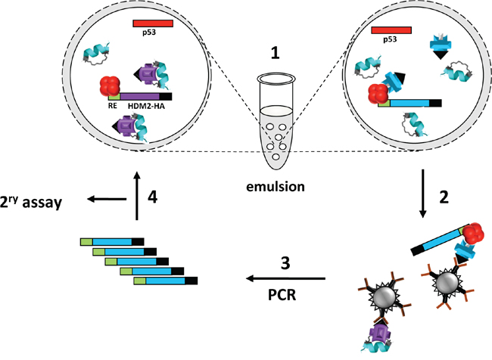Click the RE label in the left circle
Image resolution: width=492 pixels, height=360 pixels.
(x=111, y=109)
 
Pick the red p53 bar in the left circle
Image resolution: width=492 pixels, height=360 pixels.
(x=153, y=24)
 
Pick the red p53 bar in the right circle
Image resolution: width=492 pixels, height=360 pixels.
(x=392, y=29)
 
